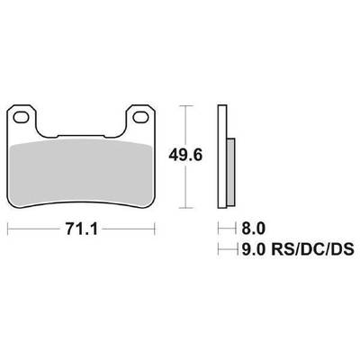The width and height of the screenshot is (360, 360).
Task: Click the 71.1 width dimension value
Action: coord(81,229)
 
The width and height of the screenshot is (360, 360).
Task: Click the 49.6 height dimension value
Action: coord(186,156)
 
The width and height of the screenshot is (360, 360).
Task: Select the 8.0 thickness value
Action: coord(254,229)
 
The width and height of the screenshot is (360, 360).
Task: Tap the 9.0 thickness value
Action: coord(254,249)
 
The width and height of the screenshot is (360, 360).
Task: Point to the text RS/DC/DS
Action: coord(312,249)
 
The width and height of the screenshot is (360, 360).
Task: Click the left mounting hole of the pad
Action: coord(21,117)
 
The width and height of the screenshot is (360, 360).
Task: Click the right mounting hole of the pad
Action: coord(140,117)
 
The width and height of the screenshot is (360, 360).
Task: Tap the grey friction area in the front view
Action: coord(81,173)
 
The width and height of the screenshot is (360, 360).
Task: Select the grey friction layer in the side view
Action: coord(231,172)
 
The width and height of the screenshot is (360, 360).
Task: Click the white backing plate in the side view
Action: coord(222,157)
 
